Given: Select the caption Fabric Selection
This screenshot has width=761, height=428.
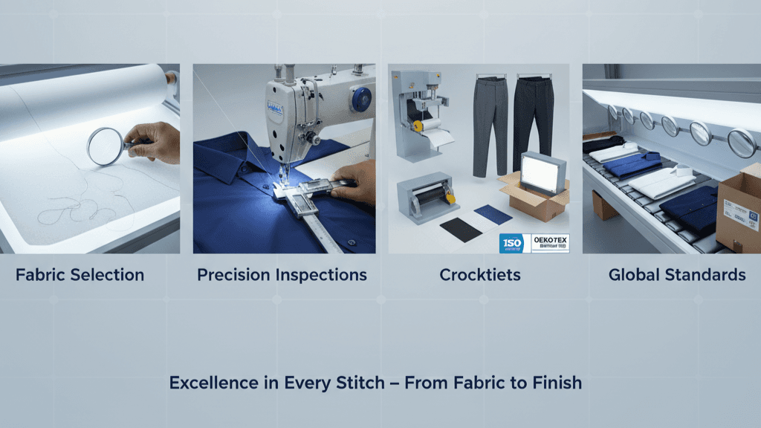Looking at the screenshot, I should point(80,275).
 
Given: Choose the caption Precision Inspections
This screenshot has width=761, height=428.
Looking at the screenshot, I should point(282,275).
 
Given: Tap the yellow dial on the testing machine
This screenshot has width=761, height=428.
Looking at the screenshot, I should point(418,127).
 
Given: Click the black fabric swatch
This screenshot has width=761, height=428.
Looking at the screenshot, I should point(461,230).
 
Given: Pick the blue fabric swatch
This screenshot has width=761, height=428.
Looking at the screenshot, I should point(493,215).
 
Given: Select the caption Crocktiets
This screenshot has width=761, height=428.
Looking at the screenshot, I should point(479,275).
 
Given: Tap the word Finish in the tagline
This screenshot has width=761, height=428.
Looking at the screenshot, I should point(557,383).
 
